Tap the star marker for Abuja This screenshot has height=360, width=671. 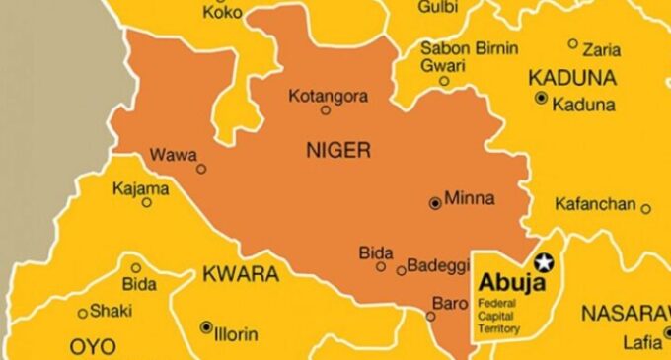click(544, 263)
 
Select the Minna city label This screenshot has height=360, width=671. click(470, 199)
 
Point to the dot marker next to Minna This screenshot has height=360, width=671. click(435, 203)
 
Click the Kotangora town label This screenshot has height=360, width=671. click(329, 96)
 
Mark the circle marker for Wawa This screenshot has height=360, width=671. click(201, 169)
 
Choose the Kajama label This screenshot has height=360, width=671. click(140, 187)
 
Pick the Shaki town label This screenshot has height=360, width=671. click(112, 311)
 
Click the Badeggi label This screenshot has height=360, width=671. click(434, 268)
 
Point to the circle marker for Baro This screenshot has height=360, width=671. click(430, 317)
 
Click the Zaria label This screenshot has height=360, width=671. click(602, 48)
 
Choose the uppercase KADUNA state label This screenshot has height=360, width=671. click(572, 77)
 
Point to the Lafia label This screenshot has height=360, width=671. click(642, 343)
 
